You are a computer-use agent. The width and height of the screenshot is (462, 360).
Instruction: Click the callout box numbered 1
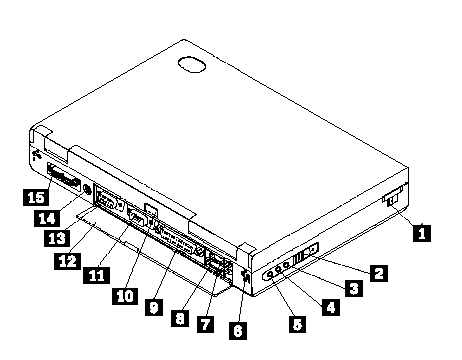pos(422,233)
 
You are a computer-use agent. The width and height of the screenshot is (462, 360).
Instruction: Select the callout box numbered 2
pos(378,273)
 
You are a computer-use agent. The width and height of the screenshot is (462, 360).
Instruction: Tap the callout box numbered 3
pos(354,288)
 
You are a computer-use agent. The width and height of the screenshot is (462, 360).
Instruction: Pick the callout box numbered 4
pos(331,307)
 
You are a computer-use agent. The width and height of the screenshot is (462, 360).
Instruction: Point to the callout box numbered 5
pos(298,324)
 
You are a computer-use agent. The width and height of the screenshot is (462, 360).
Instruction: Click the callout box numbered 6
pos(238,331)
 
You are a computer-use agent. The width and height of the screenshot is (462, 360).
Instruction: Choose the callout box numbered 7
pos(205,324)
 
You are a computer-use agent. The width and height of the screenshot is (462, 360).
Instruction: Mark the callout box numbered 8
pos(180,318)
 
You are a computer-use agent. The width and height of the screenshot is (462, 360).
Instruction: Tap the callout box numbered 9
pos(154,307)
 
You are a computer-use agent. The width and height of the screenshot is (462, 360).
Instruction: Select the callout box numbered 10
pos(125,296)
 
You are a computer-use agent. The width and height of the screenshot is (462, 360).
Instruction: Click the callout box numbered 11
pos(96,275)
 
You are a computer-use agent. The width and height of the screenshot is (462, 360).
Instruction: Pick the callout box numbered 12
pos(67,261)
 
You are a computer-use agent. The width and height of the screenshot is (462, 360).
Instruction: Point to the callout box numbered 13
pos(57,238)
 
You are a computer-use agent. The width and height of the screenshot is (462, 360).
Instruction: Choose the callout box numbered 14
pos(47,218)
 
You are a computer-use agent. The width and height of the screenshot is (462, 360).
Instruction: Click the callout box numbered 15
pos(36,197)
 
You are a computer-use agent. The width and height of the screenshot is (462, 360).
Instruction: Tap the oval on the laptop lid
pos(192,64)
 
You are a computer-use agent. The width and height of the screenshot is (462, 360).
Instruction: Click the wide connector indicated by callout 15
pos(63,176)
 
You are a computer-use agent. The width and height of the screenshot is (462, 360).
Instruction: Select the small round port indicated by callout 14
pos(87,190)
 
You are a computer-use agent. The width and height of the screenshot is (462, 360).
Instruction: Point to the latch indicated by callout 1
pos(393,198)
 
